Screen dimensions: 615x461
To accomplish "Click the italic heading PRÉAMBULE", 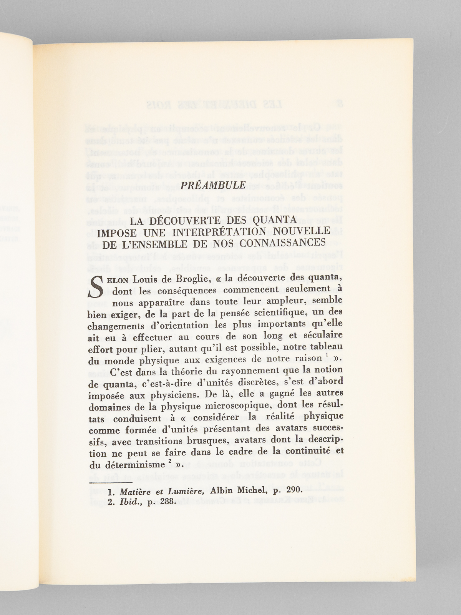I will pyautogui.click(x=213, y=185).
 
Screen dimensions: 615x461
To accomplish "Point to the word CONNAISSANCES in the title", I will pyautogui.click(x=282, y=243).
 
